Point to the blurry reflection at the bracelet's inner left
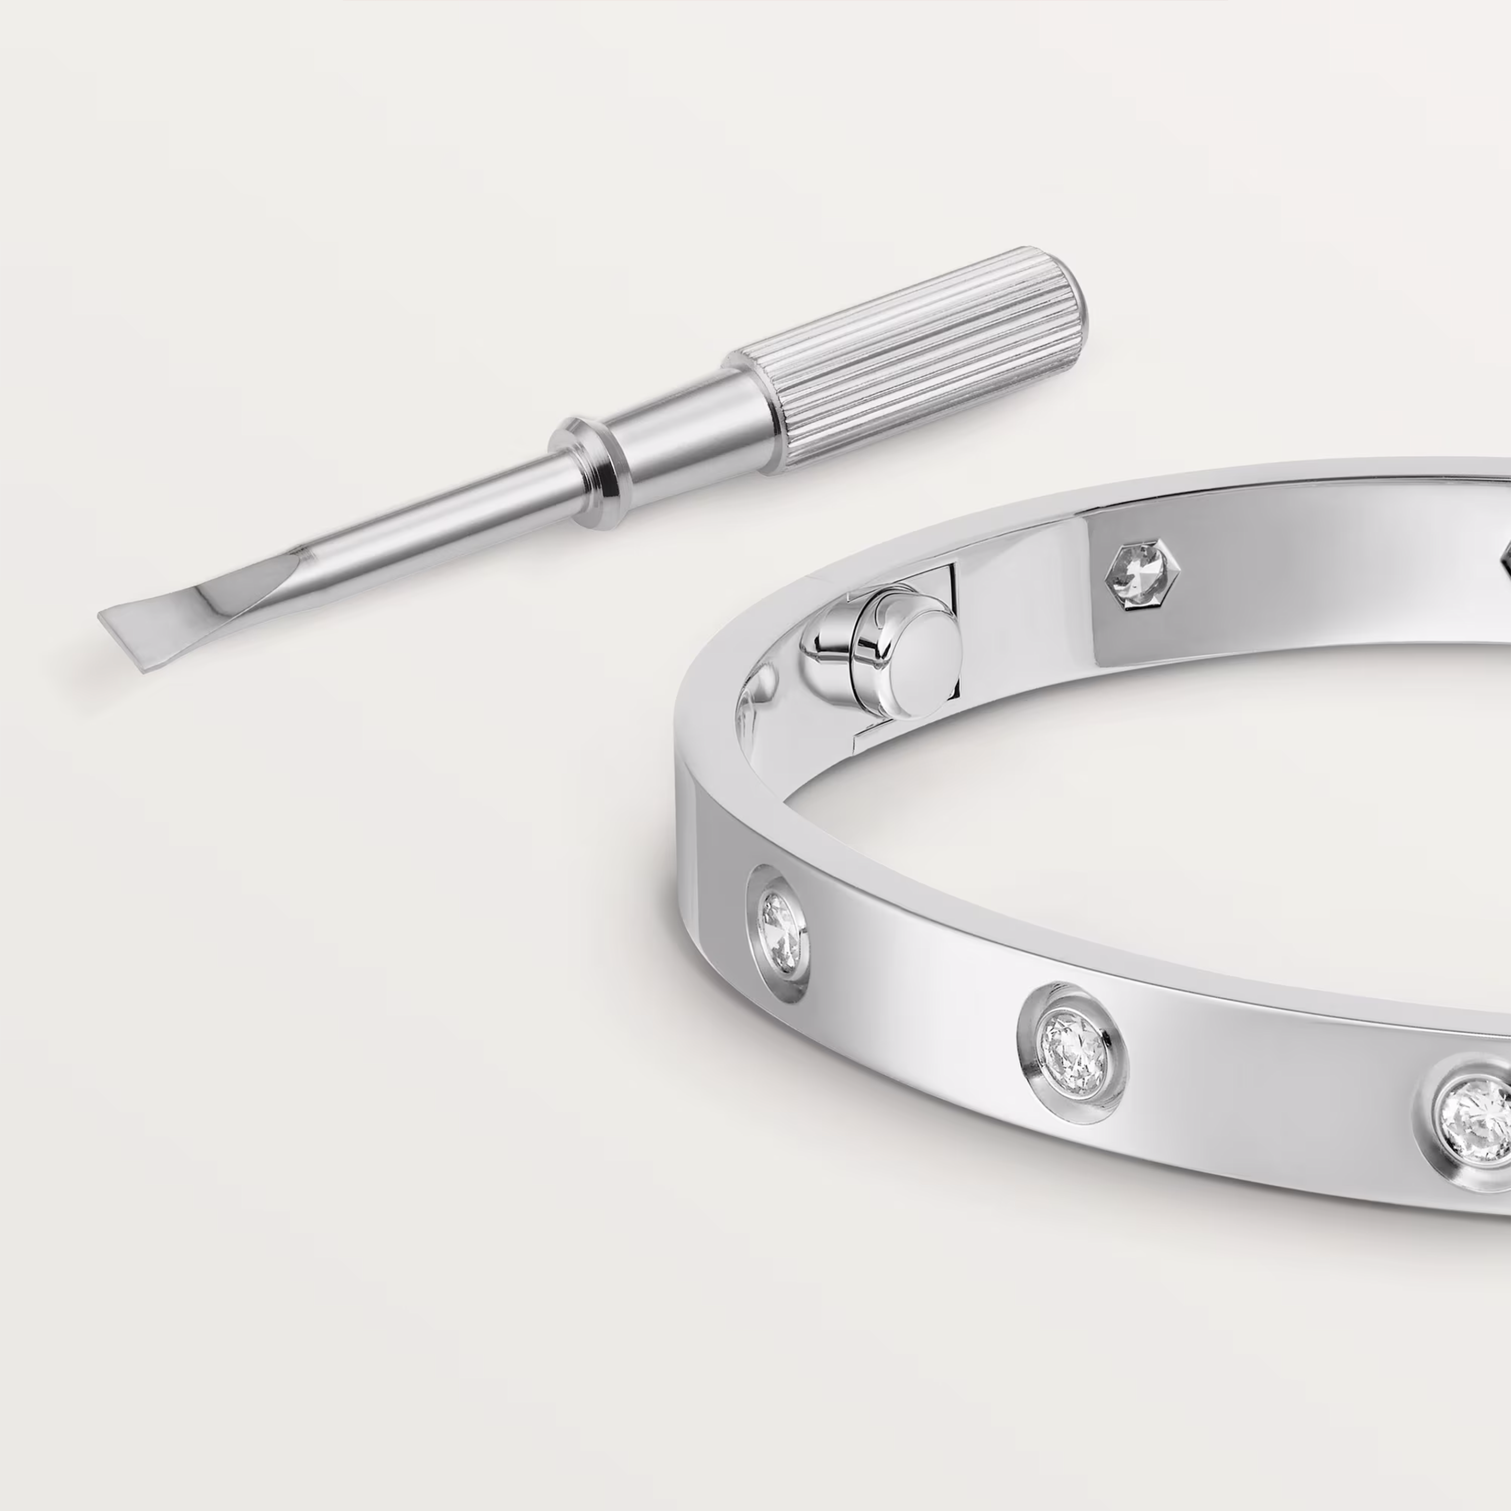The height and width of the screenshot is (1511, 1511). [755, 696]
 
